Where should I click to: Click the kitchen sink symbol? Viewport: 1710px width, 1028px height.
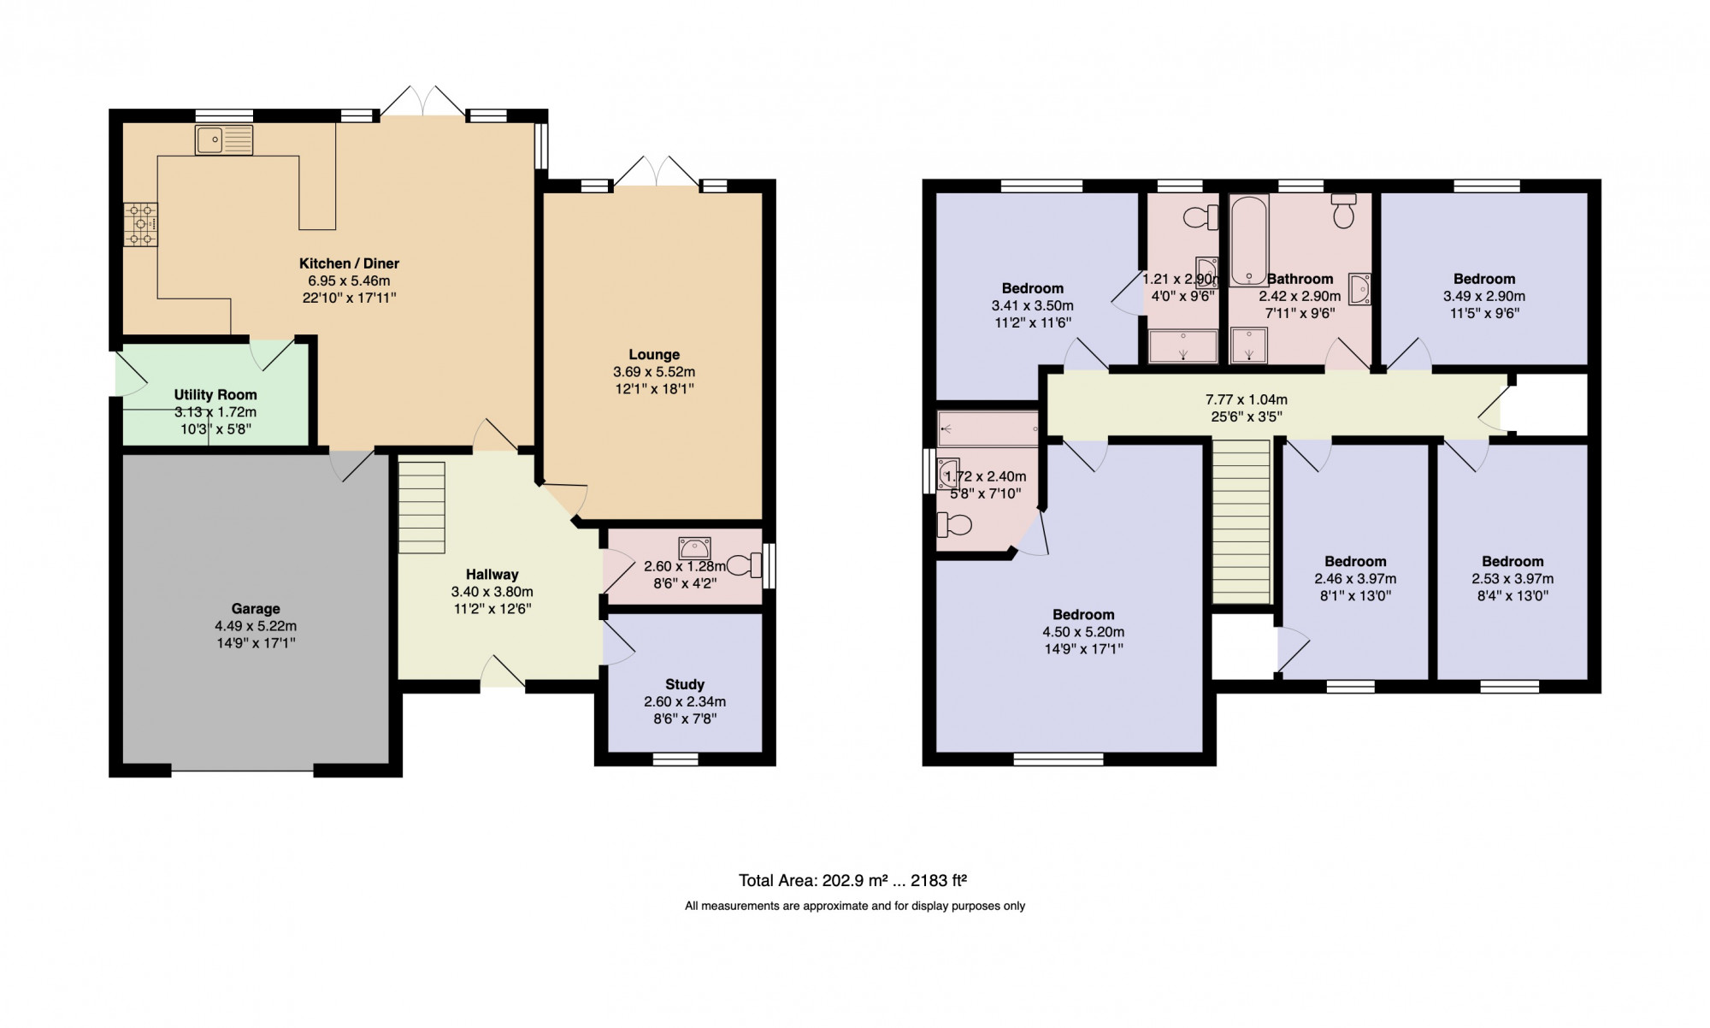click(224, 140)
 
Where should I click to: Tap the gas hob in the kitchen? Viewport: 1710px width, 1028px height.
click(140, 224)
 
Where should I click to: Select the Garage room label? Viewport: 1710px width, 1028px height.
click(256, 609)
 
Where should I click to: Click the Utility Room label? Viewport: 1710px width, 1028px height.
click(215, 395)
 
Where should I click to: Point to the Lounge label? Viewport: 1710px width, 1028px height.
click(654, 355)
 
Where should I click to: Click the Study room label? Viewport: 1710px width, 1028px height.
click(685, 684)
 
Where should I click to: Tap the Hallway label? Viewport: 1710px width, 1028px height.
click(492, 575)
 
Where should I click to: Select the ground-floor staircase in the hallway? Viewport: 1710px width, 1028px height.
click(422, 507)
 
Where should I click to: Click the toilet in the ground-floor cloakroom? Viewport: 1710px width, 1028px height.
click(744, 564)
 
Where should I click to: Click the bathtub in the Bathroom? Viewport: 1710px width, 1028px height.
click(1249, 240)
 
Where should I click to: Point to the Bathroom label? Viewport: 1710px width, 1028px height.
click(1300, 279)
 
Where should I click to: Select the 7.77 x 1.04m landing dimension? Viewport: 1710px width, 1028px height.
click(1247, 399)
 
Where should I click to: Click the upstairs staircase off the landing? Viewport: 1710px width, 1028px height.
click(1241, 522)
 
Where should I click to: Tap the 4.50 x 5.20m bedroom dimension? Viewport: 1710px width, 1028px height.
click(1083, 632)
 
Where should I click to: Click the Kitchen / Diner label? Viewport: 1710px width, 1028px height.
click(349, 263)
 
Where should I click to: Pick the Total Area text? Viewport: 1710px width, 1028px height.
click(852, 880)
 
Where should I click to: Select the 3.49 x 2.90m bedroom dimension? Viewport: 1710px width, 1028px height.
click(1484, 296)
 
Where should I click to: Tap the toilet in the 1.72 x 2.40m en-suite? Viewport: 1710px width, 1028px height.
click(954, 524)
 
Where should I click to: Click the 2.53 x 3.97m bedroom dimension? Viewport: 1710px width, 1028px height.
click(1512, 579)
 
